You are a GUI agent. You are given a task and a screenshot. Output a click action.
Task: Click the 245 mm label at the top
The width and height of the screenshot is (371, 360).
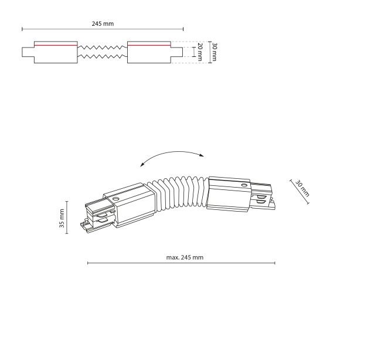tap(103, 23)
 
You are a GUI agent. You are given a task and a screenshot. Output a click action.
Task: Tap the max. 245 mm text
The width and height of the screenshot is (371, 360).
tap(185, 257)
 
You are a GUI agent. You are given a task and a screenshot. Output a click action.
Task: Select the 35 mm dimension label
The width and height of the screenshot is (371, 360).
tap(62, 218)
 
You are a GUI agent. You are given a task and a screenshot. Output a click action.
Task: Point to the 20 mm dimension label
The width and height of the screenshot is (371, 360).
tap(200, 52)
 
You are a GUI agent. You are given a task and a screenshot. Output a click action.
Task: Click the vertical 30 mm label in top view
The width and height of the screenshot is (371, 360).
tap(214, 52)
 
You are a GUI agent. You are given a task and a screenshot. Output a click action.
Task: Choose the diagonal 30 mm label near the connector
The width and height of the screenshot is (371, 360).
tap(302, 188)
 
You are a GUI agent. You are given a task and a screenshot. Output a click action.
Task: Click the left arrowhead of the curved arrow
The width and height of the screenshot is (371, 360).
tap(142, 165)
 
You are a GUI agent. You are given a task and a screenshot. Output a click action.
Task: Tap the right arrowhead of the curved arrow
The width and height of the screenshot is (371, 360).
tap(202, 155)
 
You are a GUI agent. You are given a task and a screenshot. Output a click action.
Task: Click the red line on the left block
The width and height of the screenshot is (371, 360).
tap(56, 45)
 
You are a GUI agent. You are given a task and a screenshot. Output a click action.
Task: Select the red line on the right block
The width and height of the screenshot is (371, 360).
tap(149, 45)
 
